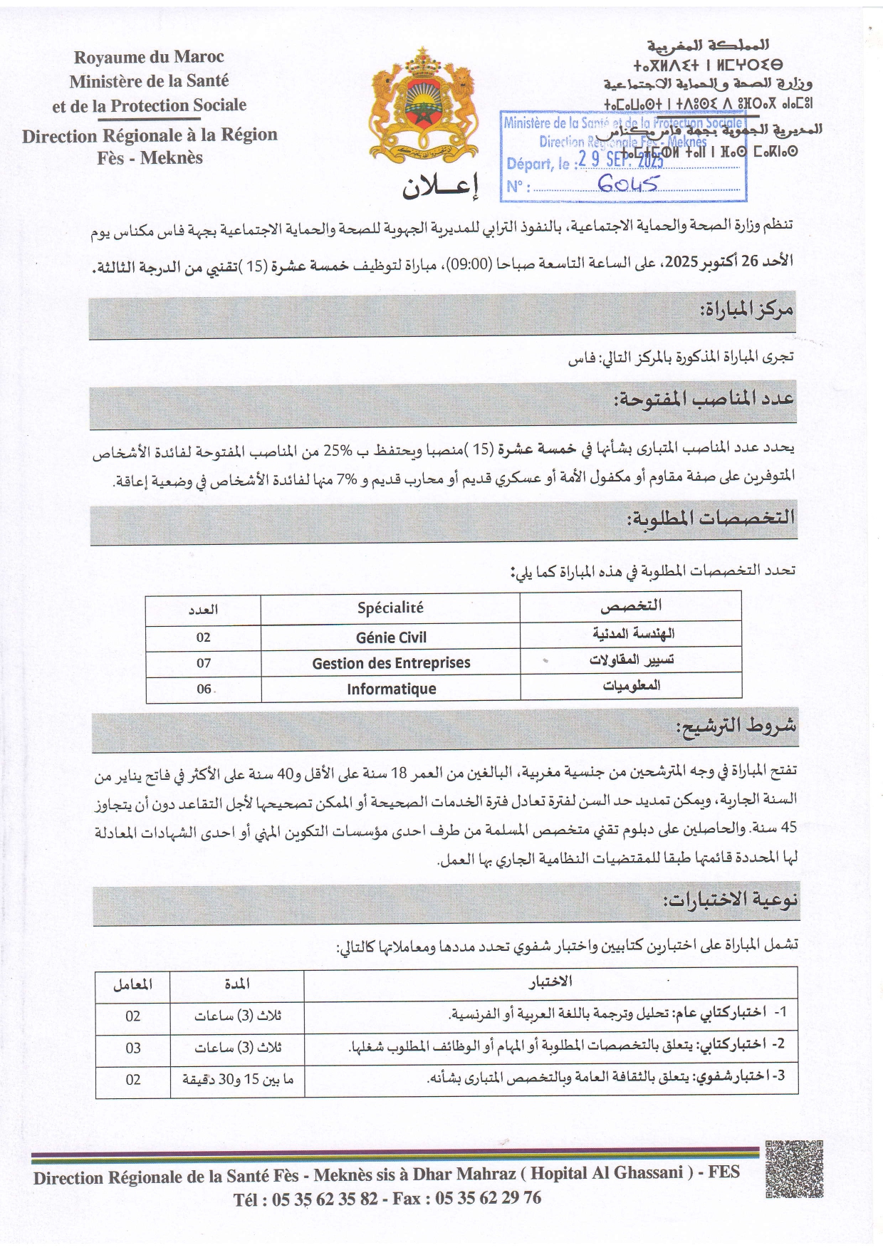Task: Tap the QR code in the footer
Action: (x=793, y=1169)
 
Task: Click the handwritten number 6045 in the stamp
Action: (x=628, y=184)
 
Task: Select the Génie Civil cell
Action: (x=391, y=637)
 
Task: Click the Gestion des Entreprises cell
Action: (x=391, y=663)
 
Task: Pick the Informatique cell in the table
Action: (x=391, y=689)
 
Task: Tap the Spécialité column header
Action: (x=390, y=608)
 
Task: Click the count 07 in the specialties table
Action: (x=204, y=663)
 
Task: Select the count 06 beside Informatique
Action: (x=204, y=689)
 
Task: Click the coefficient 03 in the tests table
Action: (x=133, y=1048)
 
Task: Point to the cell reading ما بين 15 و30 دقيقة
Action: (x=238, y=1080)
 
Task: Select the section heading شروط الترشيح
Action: (x=736, y=727)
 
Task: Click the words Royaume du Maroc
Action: (x=149, y=57)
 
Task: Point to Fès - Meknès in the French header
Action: (x=150, y=158)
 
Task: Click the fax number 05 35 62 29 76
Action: (x=488, y=1198)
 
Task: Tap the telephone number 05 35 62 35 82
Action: (x=325, y=1199)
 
